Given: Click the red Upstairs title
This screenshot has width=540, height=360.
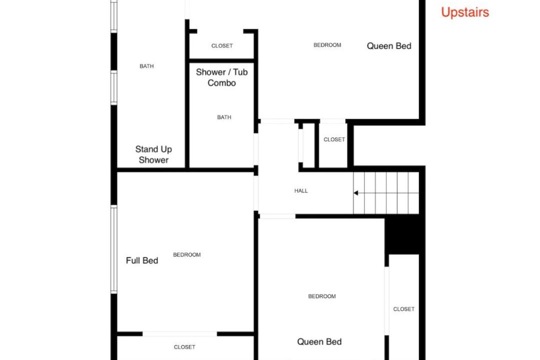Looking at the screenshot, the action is pyautogui.click(x=465, y=12).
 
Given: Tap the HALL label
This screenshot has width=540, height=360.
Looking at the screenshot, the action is pyautogui.click(x=301, y=191).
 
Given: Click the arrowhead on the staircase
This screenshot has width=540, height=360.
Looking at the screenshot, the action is pyautogui.click(x=356, y=193).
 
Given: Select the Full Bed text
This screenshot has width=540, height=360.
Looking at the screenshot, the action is pyautogui.click(x=142, y=260).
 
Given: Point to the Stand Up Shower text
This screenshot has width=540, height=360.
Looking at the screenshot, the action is pyautogui.click(x=153, y=154).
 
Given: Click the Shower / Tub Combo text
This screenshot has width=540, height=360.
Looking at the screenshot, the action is pyautogui.click(x=222, y=77).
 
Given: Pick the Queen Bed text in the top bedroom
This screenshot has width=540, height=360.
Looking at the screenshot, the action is pyautogui.click(x=389, y=46).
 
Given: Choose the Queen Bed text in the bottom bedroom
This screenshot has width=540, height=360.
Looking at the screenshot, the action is pyautogui.click(x=319, y=341).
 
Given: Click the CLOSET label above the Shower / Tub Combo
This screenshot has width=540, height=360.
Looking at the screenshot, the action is pyautogui.click(x=222, y=46).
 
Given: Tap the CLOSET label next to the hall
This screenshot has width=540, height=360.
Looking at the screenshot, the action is pyautogui.click(x=334, y=139).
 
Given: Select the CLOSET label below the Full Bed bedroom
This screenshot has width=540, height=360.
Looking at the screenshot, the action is pyautogui.click(x=184, y=347).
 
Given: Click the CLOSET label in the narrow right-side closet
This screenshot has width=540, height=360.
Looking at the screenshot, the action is pyautogui.click(x=403, y=309).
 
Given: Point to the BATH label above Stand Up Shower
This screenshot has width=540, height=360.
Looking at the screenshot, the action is pyautogui.click(x=146, y=66).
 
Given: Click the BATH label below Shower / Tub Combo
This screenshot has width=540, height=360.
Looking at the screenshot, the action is pyautogui.click(x=224, y=117).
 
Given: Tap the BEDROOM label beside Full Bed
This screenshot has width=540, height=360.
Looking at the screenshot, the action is pyautogui.click(x=187, y=255).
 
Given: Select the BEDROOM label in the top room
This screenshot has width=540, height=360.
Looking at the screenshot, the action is pyautogui.click(x=327, y=45).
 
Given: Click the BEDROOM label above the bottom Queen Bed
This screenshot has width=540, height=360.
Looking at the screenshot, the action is pyautogui.click(x=322, y=296).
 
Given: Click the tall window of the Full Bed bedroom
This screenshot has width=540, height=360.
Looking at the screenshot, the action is pyautogui.click(x=113, y=249).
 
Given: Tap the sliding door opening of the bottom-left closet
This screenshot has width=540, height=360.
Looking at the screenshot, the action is pyautogui.click(x=180, y=334).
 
